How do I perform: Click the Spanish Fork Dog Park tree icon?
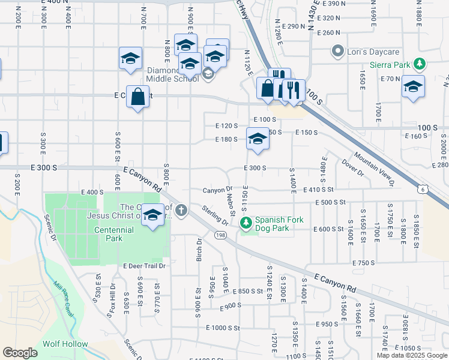click(246, 223)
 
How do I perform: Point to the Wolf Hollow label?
click(65, 344)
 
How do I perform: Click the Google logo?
click(20, 353)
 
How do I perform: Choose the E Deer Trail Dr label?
click(144, 266)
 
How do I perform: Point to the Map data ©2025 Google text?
click(411, 355)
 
